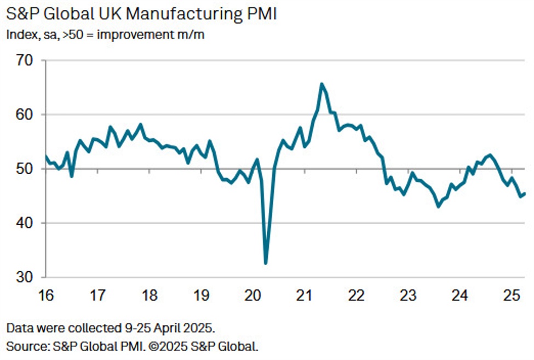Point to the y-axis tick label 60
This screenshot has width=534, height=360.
point(25,115)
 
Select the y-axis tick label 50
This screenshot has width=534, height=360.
point(25,169)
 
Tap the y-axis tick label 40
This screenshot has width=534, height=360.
point(25,223)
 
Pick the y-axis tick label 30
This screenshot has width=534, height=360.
point(25,277)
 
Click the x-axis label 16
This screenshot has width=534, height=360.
point(46,296)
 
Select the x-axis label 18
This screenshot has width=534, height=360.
point(150,296)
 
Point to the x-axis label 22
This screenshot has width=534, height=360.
point(357,296)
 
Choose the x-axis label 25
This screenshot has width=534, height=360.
point(512,296)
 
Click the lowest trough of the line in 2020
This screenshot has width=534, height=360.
point(266,264)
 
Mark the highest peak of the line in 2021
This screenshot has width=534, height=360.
point(321,84)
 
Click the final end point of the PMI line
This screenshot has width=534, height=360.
point(525,193)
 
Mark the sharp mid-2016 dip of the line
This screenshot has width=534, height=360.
point(72,176)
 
